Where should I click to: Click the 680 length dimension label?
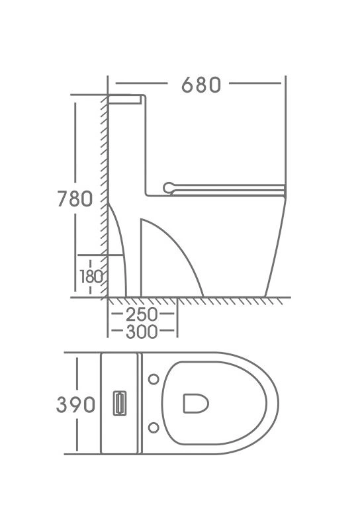[201, 85]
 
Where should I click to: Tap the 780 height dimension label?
[75, 199]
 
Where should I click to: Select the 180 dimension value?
[91, 277]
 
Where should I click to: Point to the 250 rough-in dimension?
[142, 315]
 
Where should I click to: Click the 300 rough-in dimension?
[142, 332]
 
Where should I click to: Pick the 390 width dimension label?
[75, 405]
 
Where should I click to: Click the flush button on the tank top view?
[119, 403]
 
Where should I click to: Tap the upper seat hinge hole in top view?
[154, 379]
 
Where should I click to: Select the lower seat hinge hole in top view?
[154, 428]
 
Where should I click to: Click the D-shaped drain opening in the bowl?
[196, 404]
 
